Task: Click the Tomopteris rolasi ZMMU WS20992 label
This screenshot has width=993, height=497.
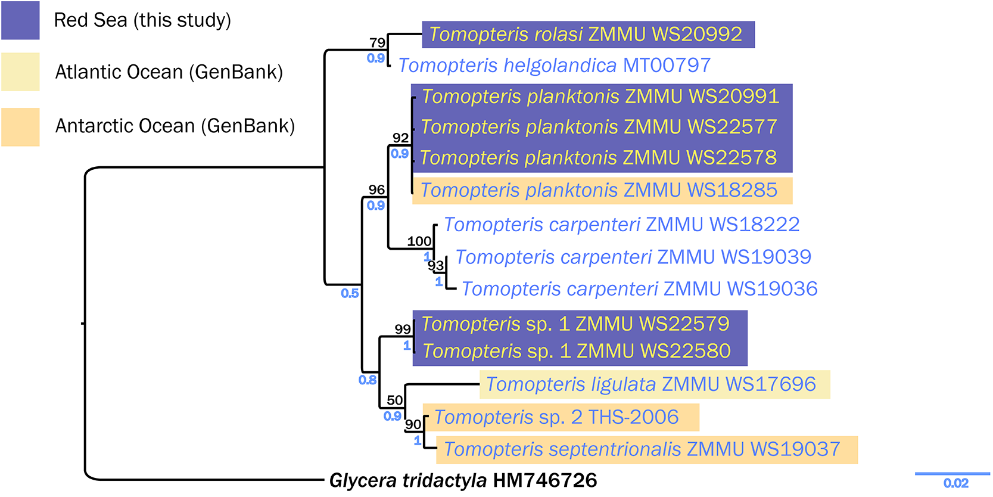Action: [586, 35]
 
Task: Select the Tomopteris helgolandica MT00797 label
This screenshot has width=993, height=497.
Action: [554, 65]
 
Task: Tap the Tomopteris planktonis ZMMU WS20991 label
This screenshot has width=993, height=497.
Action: [600, 97]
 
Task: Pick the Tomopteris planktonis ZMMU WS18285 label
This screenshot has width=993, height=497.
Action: [599, 190]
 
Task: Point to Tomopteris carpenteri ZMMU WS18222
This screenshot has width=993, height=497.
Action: [621, 225]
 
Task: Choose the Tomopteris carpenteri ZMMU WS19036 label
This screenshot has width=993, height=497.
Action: [639, 289]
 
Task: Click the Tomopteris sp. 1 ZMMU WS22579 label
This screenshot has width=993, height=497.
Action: [575, 324]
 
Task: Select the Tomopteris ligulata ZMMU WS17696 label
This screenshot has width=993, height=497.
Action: [650, 384]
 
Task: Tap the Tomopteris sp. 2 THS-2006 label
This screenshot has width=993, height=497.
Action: [556, 417]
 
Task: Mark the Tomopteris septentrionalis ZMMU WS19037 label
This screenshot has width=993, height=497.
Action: [642, 449]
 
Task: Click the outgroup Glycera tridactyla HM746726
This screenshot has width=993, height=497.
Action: [463, 480]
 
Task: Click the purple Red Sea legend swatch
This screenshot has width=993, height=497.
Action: [20, 20]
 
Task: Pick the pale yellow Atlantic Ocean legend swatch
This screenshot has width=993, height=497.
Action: [20, 72]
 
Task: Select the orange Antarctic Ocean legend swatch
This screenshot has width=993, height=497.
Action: [20, 126]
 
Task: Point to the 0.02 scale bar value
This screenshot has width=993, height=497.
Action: [955, 483]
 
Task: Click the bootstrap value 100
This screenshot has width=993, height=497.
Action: [419, 241]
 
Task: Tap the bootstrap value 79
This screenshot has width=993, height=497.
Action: [377, 43]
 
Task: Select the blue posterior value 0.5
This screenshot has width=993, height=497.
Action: [350, 293]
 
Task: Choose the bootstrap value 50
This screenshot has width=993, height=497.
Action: [395, 400]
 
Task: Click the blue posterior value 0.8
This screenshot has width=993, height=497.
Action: [368, 380]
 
